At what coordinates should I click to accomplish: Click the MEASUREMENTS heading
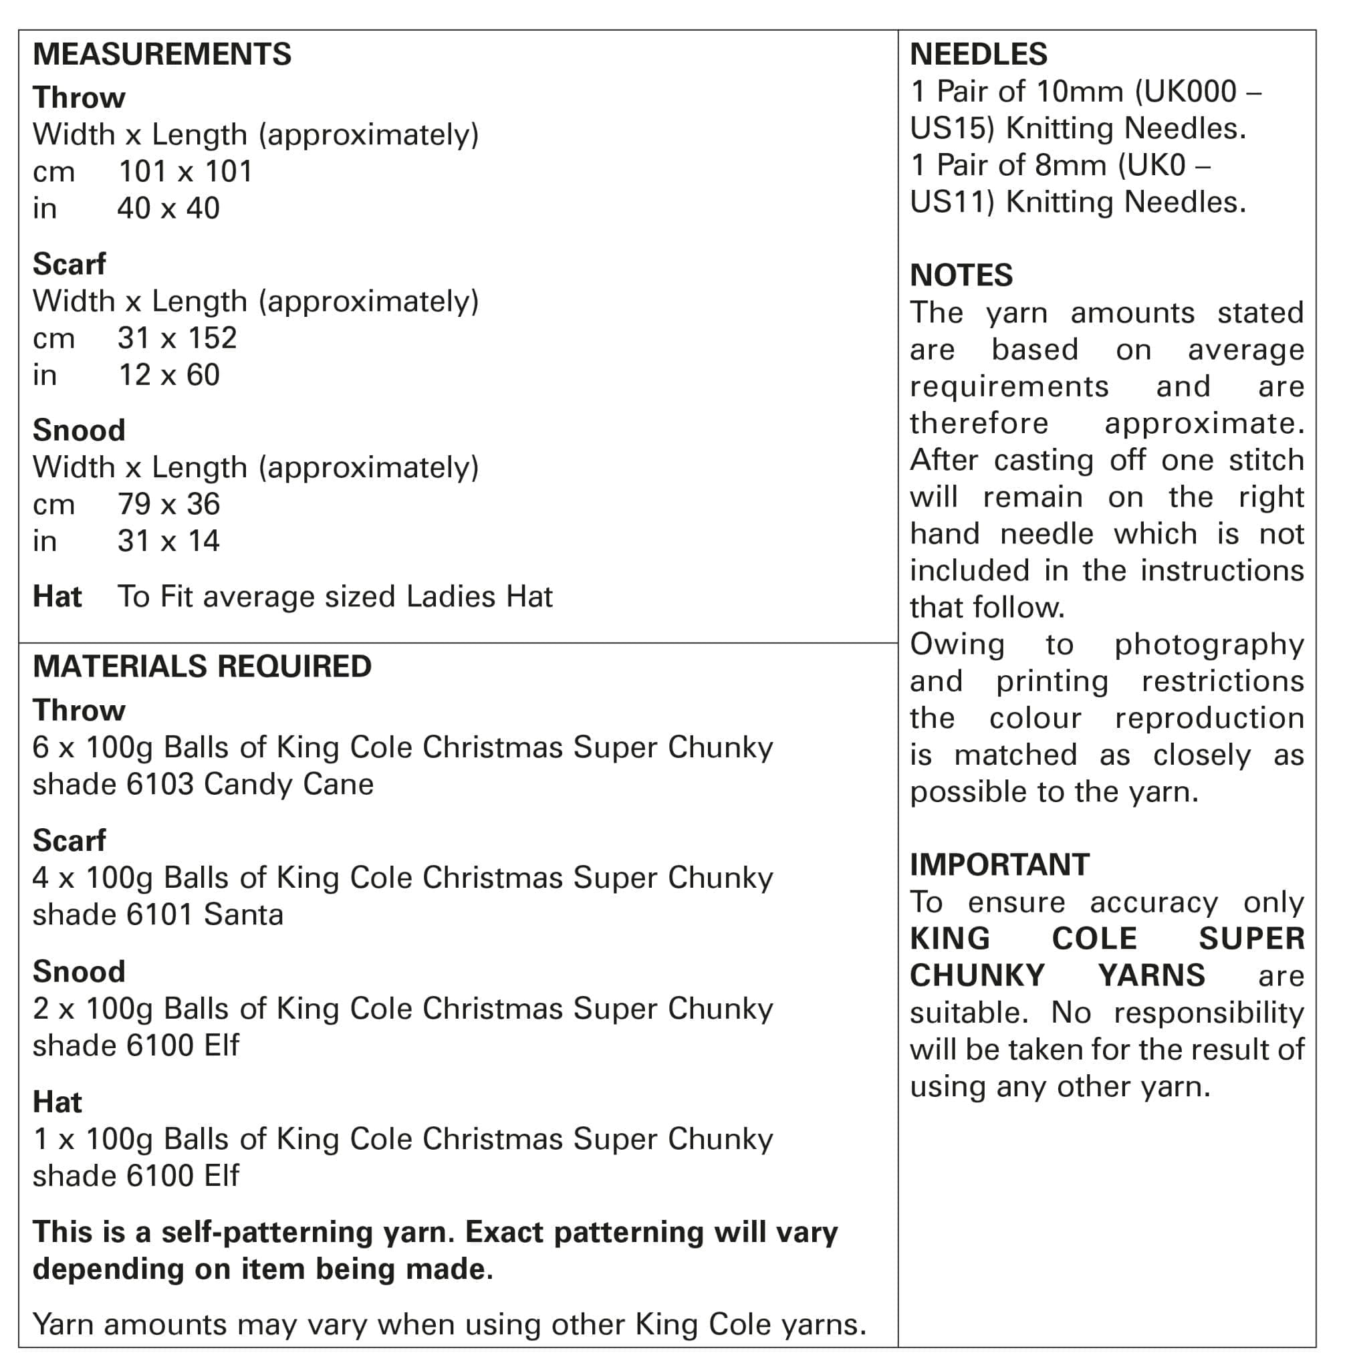162,54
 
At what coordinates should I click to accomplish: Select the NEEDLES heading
979,54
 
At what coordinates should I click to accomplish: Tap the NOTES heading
961,275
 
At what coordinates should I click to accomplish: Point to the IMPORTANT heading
999,864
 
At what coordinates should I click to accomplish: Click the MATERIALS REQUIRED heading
202,666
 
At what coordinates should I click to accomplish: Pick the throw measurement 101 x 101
185,172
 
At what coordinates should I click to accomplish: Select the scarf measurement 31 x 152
176,338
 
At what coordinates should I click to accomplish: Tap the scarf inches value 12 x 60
169,375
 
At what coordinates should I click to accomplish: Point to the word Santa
243,915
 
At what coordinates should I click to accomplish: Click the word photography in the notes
1209,645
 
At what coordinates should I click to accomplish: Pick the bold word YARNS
1151,975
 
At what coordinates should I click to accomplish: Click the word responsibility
1209,1013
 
